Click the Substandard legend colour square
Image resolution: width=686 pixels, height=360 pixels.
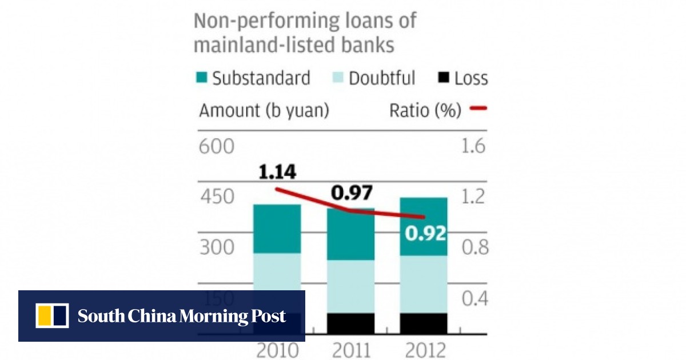coord(201,78)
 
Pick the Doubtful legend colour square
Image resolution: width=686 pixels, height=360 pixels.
coord(337,78)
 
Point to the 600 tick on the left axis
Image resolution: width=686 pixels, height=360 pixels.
coord(217,147)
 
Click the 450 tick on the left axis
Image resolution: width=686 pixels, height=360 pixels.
coord(217,197)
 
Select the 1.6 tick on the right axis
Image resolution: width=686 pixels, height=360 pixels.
coord(472,147)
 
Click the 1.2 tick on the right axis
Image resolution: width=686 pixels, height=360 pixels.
coord(472,197)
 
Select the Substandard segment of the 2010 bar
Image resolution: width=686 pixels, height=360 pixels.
coord(277,229)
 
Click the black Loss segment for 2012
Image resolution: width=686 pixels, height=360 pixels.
coord(423,323)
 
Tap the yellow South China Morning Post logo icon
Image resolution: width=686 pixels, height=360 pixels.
coord(52,316)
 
